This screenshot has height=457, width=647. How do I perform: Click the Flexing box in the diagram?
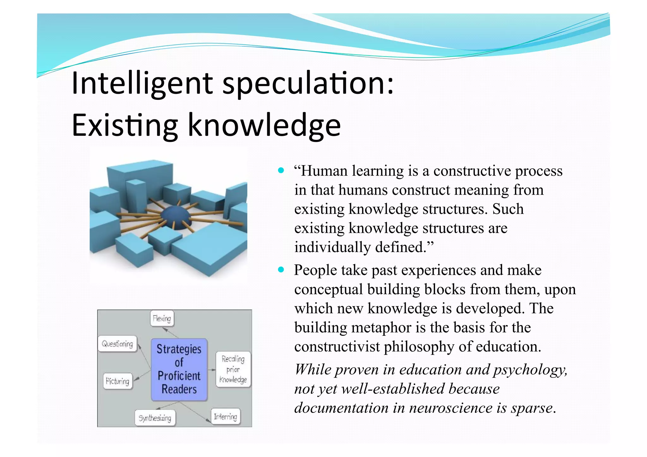point(162,318)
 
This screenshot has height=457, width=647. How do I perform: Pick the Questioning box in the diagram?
point(118,344)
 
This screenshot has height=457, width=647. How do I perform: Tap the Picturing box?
point(118,381)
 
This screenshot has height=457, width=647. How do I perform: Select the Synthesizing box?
point(155,418)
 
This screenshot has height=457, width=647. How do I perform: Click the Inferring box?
point(225,417)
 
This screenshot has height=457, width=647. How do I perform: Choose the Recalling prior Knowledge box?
point(233,369)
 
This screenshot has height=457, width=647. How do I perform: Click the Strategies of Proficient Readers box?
point(179,369)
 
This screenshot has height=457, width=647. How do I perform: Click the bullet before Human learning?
point(281,171)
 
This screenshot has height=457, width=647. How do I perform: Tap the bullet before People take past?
point(281,270)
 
